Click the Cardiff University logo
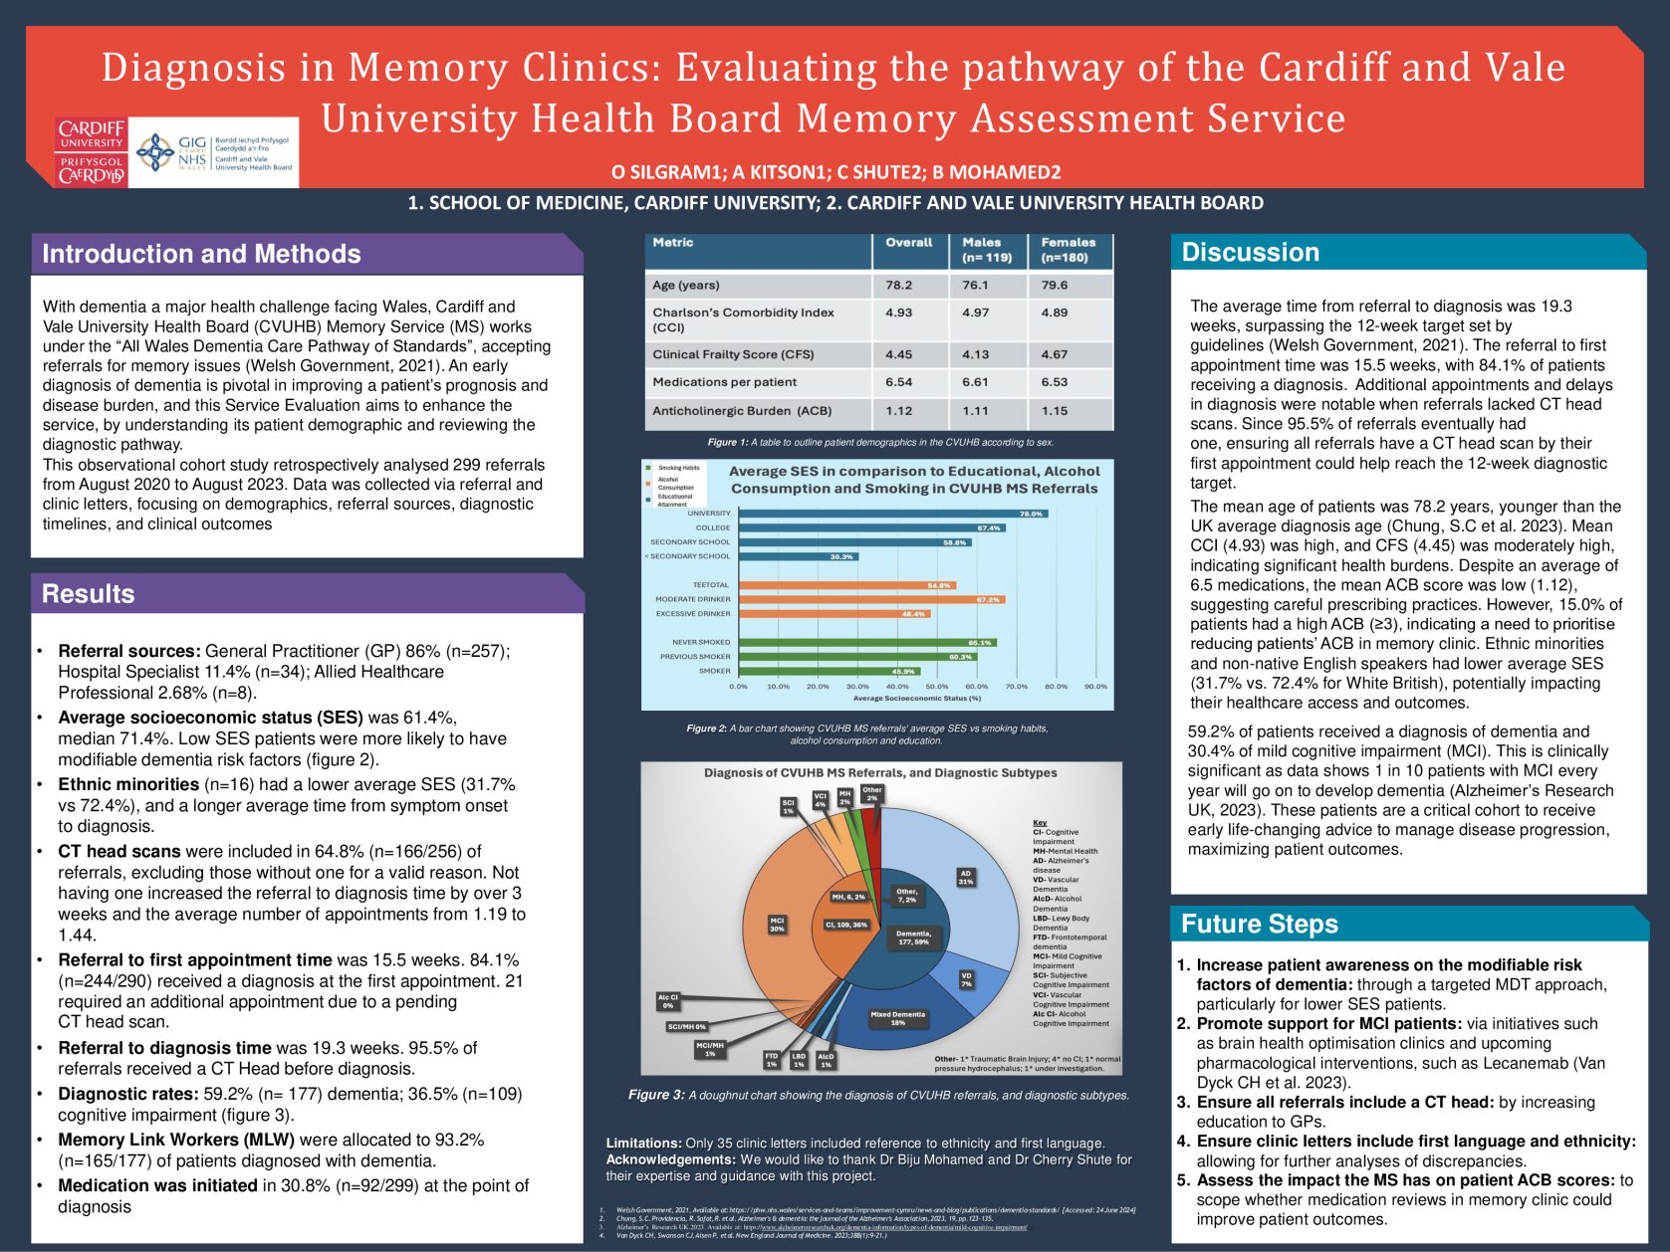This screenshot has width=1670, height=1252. [x=91, y=151]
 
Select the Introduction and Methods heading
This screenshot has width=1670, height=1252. [x=201, y=254]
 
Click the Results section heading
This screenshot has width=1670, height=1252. [x=88, y=594]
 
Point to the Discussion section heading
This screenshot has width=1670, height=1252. [x=1250, y=253]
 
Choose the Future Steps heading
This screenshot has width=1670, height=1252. [x=1259, y=925]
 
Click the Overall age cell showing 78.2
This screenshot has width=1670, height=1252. [x=898, y=286]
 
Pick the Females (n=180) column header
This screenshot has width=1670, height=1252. [x=1068, y=250]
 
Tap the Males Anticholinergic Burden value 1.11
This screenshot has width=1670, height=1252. [x=976, y=411]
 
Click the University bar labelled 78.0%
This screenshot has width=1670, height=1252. [x=891, y=514]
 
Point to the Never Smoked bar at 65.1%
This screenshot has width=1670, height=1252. [x=865, y=642]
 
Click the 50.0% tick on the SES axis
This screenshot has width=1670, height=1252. [x=936, y=687]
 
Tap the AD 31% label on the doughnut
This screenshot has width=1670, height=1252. [x=965, y=877]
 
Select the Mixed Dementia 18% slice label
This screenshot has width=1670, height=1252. [x=897, y=1018]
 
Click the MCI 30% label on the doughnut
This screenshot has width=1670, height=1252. [x=777, y=925]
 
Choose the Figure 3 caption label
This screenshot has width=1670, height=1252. [x=656, y=1095]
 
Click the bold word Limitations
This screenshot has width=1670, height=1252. [x=643, y=1144]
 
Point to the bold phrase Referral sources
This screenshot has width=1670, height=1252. [x=129, y=651]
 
